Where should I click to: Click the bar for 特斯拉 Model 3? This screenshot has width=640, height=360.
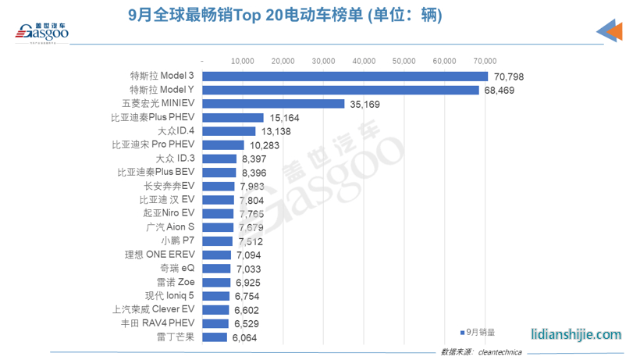pos(345,76)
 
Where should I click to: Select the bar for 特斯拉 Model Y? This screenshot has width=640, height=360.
pos(340,90)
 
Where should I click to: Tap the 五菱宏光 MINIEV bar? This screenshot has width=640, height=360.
pos(272,103)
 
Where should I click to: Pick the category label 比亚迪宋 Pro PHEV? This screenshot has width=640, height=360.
pos(152,145)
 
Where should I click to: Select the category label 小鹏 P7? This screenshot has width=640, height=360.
pos(179,241)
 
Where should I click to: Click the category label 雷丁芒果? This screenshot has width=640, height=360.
pos(176,337)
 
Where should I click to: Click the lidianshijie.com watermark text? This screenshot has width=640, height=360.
pos(576,333)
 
